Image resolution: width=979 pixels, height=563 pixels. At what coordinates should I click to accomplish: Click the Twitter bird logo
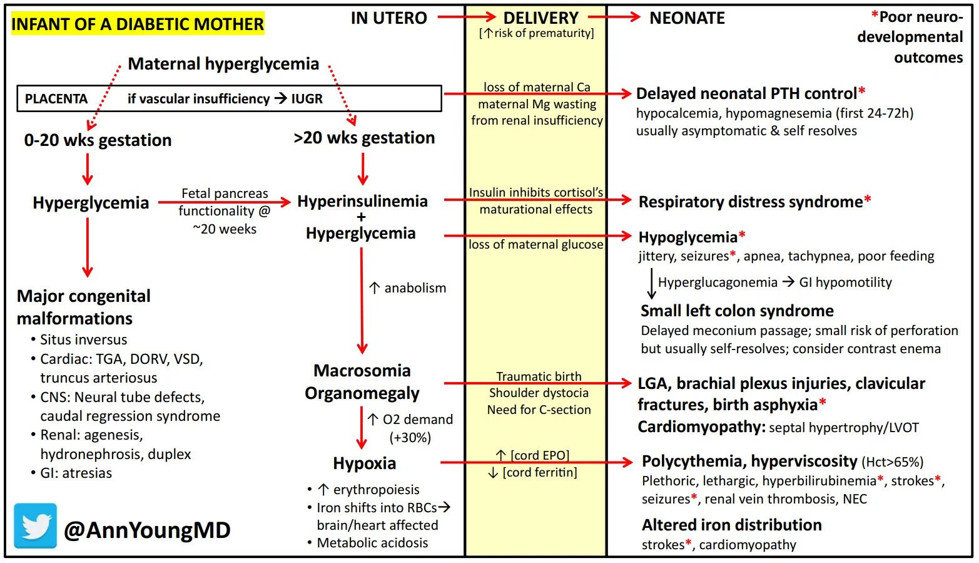[36, 526]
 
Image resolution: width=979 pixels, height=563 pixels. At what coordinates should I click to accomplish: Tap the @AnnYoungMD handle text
[147, 530]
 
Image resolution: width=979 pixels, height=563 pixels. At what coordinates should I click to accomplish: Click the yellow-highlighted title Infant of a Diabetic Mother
[137, 24]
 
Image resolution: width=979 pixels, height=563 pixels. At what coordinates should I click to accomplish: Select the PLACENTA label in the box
[56, 99]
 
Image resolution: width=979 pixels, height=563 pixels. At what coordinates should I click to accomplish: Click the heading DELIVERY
[540, 18]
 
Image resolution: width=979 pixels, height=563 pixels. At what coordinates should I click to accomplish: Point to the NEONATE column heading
[687, 18]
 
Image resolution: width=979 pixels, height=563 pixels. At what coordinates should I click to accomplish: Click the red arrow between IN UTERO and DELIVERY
[465, 17]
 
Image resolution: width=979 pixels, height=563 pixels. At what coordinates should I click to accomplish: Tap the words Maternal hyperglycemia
[223, 64]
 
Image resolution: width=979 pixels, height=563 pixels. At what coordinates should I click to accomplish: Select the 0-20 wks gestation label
[98, 140]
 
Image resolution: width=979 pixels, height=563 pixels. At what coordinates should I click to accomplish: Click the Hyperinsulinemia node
[362, 202]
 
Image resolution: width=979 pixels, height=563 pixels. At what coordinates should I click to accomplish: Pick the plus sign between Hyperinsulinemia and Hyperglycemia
[361, 217]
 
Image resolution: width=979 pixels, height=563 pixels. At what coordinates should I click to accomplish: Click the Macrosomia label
[362, 371]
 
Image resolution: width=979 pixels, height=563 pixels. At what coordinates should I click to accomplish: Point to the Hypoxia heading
[364, 463]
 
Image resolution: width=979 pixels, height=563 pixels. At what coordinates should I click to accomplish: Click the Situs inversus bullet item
[83, 340]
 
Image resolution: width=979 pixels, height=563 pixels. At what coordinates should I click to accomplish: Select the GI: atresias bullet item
[76, 473]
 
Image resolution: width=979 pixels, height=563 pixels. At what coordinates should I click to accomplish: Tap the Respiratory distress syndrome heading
[750, 202]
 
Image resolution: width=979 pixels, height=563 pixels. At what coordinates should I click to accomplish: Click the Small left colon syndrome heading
[736, 311]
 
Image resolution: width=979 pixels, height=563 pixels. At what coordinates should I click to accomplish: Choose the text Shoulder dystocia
[539, 393]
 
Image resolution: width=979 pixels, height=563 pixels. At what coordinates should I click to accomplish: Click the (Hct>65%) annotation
[893, 463]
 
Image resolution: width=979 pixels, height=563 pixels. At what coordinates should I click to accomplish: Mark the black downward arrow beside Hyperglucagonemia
[651, 284]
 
